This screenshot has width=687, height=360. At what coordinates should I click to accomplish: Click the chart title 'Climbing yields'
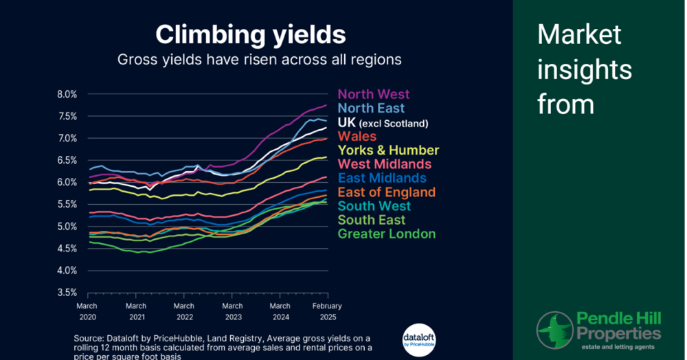(x=250, y=34)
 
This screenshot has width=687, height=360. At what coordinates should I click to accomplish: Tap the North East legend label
(x=371, y=109)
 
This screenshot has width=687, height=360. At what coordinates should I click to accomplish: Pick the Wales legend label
(x=357, y=137)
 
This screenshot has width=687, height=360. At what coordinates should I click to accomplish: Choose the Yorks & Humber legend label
(x=388, y=150)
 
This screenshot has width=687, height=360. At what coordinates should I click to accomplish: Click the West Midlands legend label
(x=384, y=164)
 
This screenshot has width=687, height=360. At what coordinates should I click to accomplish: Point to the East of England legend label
(x=386, y=192)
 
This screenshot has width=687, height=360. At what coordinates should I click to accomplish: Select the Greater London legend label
(x=386, y=234)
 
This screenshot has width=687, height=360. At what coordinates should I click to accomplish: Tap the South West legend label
(x=374, y=206)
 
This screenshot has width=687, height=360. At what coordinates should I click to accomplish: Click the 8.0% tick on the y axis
(x=66, y=94)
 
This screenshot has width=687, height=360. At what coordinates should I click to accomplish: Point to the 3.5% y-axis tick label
(x=66, y=293)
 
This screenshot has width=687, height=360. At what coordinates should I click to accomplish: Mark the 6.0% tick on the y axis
(x=66, y=182)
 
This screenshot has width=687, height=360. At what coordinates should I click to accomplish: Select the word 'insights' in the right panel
(x=585, y=69)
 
